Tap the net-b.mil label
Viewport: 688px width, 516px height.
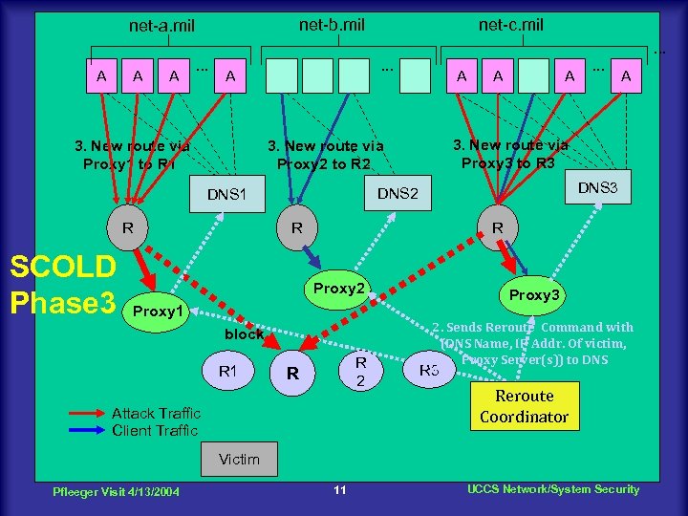332,24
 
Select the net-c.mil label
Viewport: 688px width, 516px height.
511,24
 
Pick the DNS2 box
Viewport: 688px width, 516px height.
398,194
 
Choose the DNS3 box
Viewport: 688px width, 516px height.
597,187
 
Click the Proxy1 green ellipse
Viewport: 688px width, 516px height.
158,312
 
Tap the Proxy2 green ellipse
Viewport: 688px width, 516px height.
339,288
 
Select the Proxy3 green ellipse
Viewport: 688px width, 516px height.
534,295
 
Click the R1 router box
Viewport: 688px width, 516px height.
228,370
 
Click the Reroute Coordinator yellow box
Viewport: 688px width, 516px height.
524,406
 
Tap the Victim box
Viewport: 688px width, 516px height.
239,460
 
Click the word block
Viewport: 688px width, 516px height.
244,334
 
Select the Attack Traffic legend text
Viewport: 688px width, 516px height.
156,413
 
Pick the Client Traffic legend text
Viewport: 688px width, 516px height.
156,430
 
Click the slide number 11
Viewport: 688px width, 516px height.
339,490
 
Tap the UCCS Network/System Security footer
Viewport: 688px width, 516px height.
552,489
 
